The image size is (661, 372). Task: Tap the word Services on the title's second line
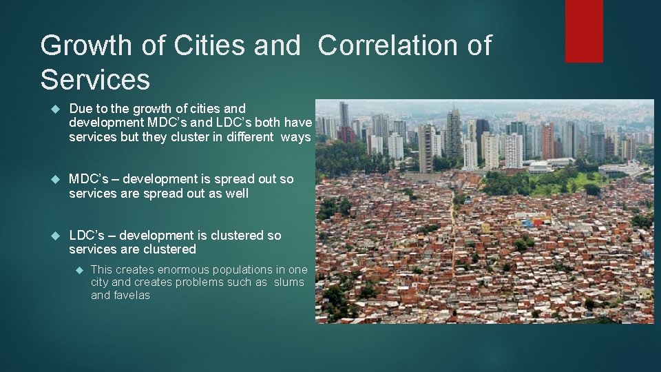[95, 79]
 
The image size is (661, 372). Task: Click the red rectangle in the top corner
[584, 30]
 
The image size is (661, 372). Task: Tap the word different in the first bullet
[246, 137]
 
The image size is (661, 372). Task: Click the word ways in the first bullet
[296, 137]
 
